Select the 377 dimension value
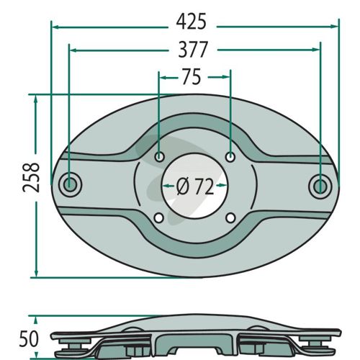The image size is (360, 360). point(193,50)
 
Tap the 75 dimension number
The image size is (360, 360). point(192,77)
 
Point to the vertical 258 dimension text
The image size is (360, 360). point(31,178)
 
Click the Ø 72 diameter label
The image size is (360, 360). point(194,186)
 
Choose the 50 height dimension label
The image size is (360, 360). point(29,339)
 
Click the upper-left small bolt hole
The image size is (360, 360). point(159,157)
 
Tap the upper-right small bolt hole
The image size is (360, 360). point(230,158)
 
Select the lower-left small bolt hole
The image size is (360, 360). point(158,218)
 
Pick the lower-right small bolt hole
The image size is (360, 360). point(230,218)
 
